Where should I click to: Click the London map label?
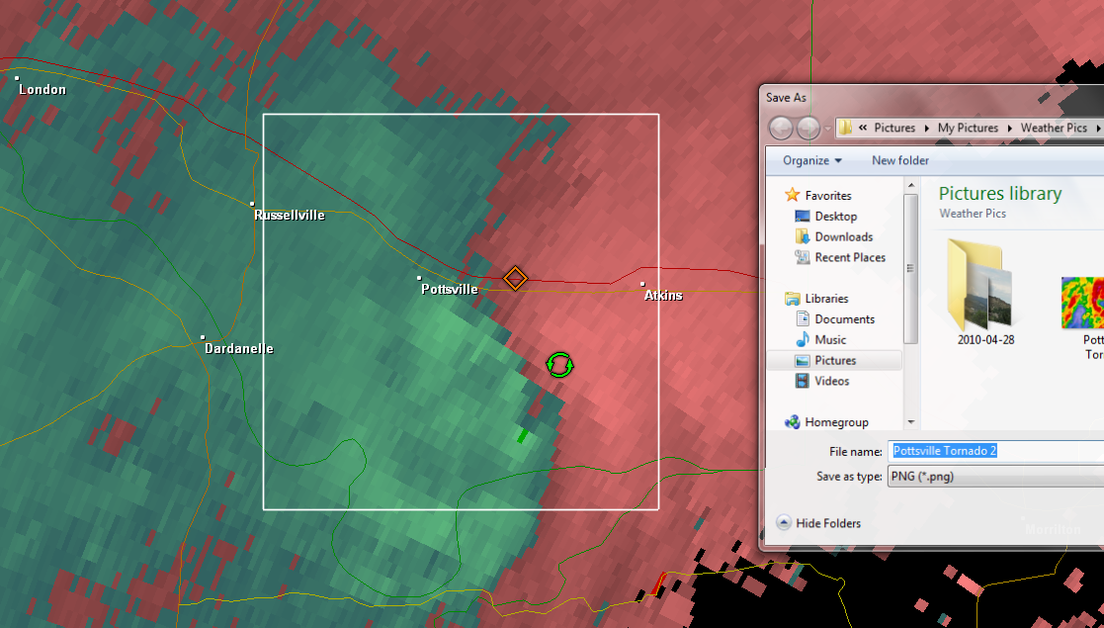point(42,90)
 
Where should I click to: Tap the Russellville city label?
point(289,215)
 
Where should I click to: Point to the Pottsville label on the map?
point(449,290)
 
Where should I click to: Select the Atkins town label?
point(663,296)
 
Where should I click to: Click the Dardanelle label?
point(238,349)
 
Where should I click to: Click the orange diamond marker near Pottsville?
point(514,278)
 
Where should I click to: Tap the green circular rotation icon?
point(559,365)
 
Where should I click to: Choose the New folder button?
point(899,160)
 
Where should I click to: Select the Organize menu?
point(811,160)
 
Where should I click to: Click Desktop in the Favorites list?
point(835,217)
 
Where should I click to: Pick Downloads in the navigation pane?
point(843,237)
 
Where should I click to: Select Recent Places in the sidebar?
point(849,258)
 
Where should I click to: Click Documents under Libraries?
point(844,319)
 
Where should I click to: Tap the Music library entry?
point(830,340)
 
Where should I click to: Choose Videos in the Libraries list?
point(831,382)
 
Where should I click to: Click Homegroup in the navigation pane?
point(836,422)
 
